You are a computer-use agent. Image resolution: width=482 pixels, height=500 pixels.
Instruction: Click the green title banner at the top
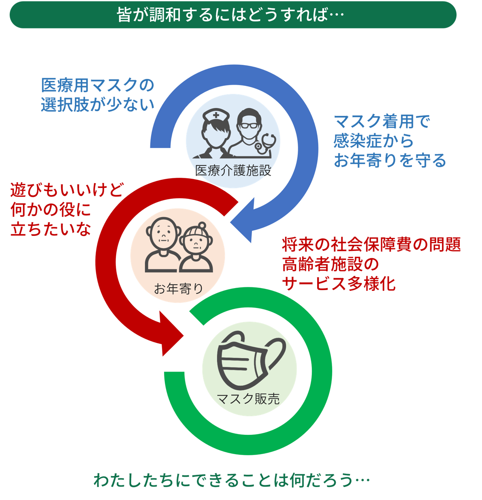(x=233, y=15)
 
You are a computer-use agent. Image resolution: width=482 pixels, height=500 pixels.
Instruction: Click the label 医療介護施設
(x=233, y=171)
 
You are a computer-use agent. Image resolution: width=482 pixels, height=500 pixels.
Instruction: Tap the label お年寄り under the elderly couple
(x=178, y=289)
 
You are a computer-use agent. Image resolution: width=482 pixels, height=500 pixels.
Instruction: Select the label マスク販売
(x=248, y=399)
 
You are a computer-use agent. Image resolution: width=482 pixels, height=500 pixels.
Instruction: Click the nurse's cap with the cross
(x=216, y=115)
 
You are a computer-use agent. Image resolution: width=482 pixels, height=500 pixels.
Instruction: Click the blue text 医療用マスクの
(x=98, y=85)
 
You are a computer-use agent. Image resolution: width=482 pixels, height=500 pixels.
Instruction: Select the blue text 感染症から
(x=373, y=141)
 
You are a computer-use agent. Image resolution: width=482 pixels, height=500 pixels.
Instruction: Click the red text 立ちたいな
(x=51, y=229)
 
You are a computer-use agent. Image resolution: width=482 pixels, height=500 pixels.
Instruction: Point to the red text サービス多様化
(x=339, y=284)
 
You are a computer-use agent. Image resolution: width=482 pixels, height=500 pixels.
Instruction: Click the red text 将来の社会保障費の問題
(x=371, y=244)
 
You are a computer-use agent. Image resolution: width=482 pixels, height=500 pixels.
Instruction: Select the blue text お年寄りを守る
(x=390, y=160)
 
